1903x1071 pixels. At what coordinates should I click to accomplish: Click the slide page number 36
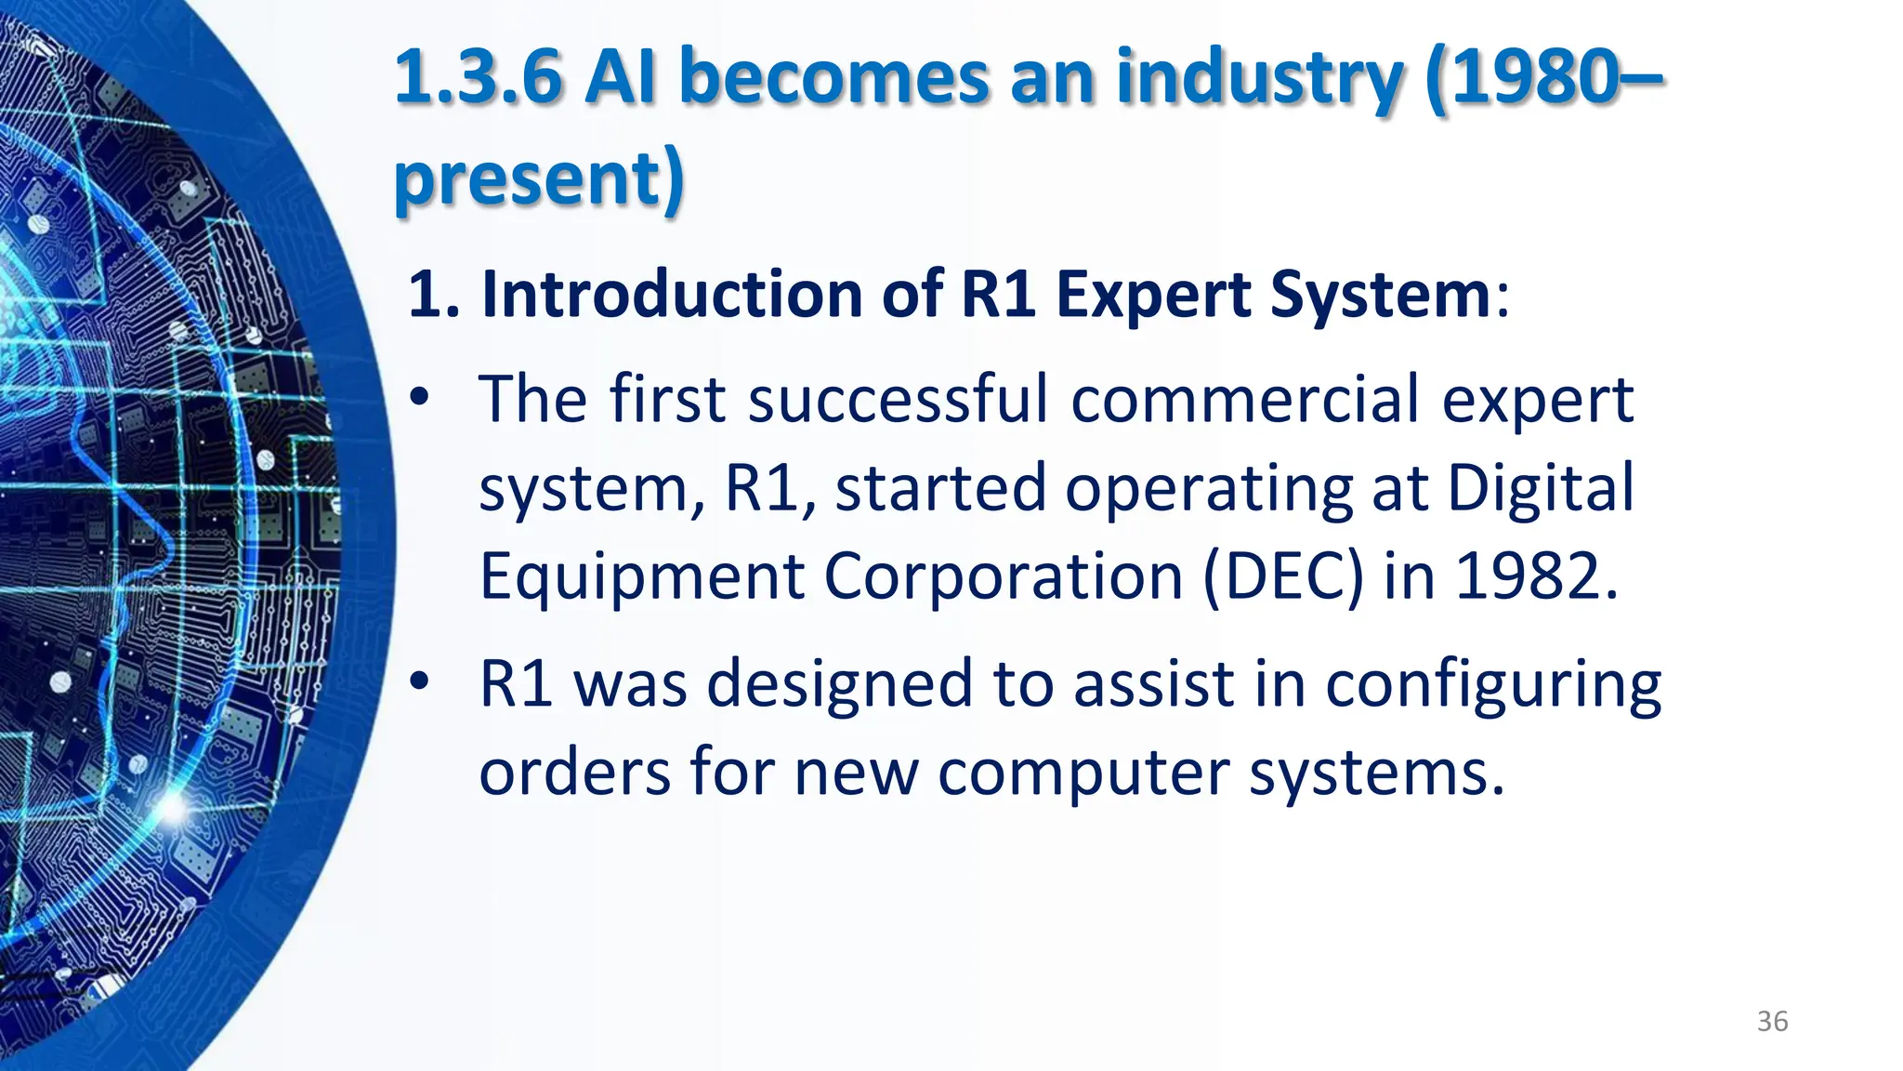pyautogui.click(x=1772, y=1021)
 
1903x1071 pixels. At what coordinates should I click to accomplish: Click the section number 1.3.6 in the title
pyautogui.click(x=479, y=77)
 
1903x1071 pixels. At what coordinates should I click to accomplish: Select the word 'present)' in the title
pyautogui.click(x=540, y=179)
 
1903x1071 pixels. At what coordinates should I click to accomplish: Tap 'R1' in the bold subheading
pyautogui.click(x=998, y=295)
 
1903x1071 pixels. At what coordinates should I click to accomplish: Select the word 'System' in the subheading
pyautogui.click(x=1381, y=297)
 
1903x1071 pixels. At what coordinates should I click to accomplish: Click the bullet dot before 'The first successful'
pyautogui.click(x=420, y=398)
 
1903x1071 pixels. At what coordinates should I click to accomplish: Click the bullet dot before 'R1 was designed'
pyautogui.click(x=420, y=682)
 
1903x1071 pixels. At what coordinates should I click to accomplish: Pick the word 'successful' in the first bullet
pyautogui.click(x=898, y=399)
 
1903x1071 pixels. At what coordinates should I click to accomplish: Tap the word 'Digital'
pyautogui.click(x=1540, y=488)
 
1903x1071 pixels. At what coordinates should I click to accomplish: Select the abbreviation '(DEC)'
pyautogui.click(x=1284, y=577)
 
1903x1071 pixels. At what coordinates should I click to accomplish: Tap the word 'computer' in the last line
pyautogui.click(x=1083, y=774)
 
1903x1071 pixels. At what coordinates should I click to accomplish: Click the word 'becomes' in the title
pyautogui.click(x=834, y=77)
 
